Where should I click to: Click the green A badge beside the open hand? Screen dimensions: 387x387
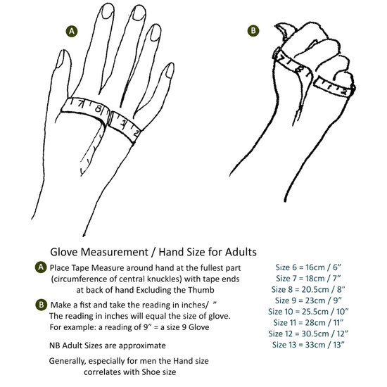72,32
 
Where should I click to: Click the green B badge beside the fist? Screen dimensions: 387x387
253,30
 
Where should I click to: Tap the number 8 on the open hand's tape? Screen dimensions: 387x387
98,108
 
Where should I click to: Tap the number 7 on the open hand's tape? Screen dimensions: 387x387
81,104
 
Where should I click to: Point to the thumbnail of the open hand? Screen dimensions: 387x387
61,58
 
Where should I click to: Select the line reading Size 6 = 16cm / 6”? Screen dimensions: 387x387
308,267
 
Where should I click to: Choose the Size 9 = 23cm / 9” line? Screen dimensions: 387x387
308,300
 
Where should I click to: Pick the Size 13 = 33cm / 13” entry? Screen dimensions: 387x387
308,345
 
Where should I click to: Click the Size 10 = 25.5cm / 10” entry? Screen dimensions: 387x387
308,312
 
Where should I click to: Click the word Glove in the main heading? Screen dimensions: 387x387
64,252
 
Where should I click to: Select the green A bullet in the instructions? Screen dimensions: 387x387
41,267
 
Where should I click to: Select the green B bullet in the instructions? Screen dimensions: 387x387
41,305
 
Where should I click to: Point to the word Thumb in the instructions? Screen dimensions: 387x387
201,290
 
